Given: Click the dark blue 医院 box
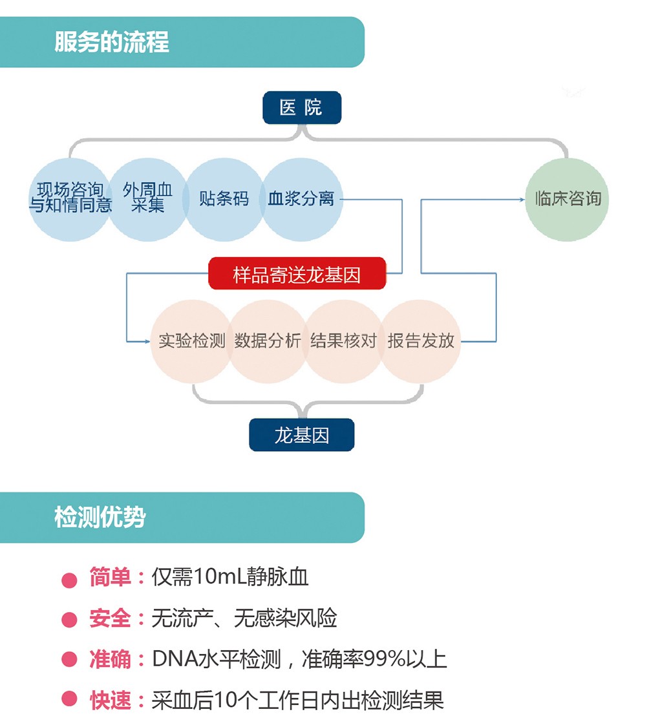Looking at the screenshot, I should tap(301, 107).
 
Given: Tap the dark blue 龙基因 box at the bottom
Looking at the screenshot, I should tap(301, 435).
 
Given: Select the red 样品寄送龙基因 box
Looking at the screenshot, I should tap(297, 274).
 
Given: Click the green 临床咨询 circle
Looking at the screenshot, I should tap(568, 199).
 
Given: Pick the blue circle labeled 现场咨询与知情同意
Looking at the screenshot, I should tap(70, 199).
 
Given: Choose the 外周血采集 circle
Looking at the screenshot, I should tap(147, 199).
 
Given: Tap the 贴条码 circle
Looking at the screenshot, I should tap(224, 199).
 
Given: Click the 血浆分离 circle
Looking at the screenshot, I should tap(301, 199).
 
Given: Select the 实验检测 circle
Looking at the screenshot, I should tap(191, 341).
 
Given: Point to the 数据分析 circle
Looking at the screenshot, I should tap(268, 341).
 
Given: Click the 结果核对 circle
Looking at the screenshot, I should tap(343, 341).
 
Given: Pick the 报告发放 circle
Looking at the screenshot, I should tap(421, 341).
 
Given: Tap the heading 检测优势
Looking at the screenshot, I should tap(100, 518).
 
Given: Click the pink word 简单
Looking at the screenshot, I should tap(110, 577).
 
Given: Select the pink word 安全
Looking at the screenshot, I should tap(110, 618).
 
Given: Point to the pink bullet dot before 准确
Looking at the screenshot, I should tap(69, 660).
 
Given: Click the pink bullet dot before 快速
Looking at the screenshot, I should tap(69, 700).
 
